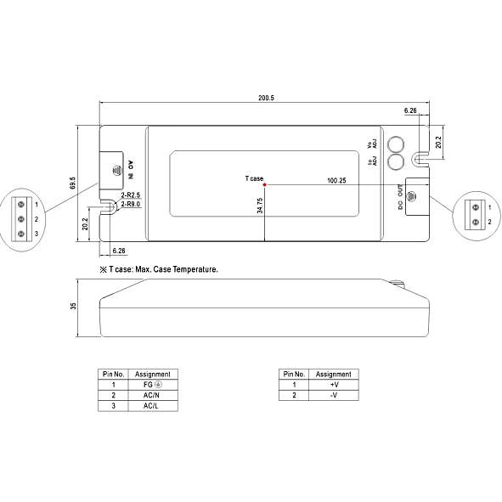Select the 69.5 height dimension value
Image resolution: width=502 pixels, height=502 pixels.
73,183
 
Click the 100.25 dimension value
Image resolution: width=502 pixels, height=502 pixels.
336,181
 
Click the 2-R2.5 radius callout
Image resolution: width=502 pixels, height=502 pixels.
130,195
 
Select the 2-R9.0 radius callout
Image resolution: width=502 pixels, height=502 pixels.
130,205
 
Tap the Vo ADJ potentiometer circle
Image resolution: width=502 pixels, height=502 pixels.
395,144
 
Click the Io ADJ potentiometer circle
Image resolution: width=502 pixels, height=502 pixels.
395,161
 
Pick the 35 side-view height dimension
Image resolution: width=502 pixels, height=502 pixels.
73,306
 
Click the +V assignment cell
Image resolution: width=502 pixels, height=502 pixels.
333,385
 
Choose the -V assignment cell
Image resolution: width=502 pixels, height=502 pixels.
333,395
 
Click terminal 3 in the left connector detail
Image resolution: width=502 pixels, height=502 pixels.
20,233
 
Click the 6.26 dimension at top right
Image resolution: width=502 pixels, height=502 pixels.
410,110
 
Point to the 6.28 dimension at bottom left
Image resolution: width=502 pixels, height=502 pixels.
119,251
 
